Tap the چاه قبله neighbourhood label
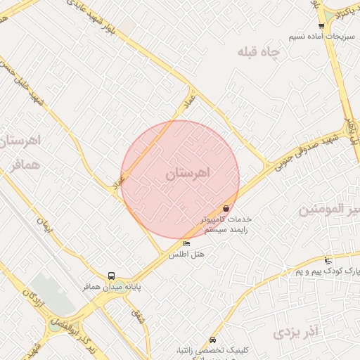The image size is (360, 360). tap(258, 52)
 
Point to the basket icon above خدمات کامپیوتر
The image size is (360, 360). tap(226, 208)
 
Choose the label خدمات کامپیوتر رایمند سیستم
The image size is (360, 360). tap(225, 224)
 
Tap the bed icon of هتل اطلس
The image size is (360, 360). tap(186, 243)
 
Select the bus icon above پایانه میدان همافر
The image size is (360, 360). tap(112, 276)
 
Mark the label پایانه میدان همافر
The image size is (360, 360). tap(109, 287)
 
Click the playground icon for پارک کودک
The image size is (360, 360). tap(328, 261)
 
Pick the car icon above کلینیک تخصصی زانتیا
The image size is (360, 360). tap(213, 340)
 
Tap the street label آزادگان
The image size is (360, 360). tap(32, 300)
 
